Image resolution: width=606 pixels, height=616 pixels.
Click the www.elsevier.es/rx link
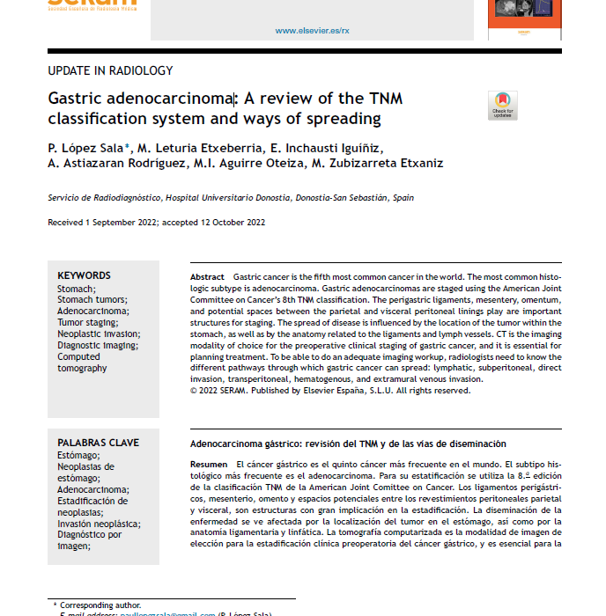coord(312,30)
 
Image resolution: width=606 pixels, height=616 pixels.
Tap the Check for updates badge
coord(503,105)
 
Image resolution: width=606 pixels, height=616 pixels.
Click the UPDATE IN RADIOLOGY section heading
coord(110,71)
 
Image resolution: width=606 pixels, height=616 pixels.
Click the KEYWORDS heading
coord(85,275)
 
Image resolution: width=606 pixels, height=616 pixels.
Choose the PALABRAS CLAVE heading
coord(98,443)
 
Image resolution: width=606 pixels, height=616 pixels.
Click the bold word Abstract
coord(207,277)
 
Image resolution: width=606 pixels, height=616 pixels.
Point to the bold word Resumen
coord(209,464)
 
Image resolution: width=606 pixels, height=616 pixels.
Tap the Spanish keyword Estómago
coord(78,455)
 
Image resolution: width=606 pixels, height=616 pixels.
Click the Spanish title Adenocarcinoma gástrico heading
coord(348,443)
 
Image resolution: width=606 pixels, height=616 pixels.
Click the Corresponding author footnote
coord(101,605)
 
